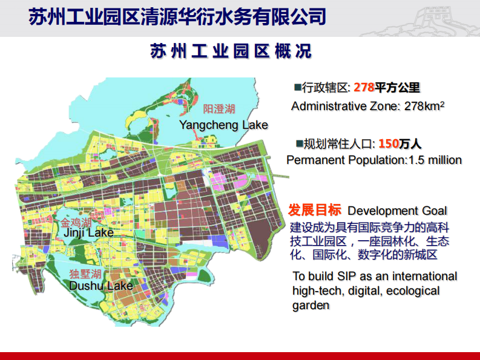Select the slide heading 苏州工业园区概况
click(231, 51)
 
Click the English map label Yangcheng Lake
click(223, 125)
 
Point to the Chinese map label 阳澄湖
click(219, 109)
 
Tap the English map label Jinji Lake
click(88, 232)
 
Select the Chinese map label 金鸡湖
click(76, 221)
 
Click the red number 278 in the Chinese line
click(364, 88)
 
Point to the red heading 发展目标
click(314, 210)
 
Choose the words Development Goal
click(397, 211)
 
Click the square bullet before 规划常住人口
click(299, 143)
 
